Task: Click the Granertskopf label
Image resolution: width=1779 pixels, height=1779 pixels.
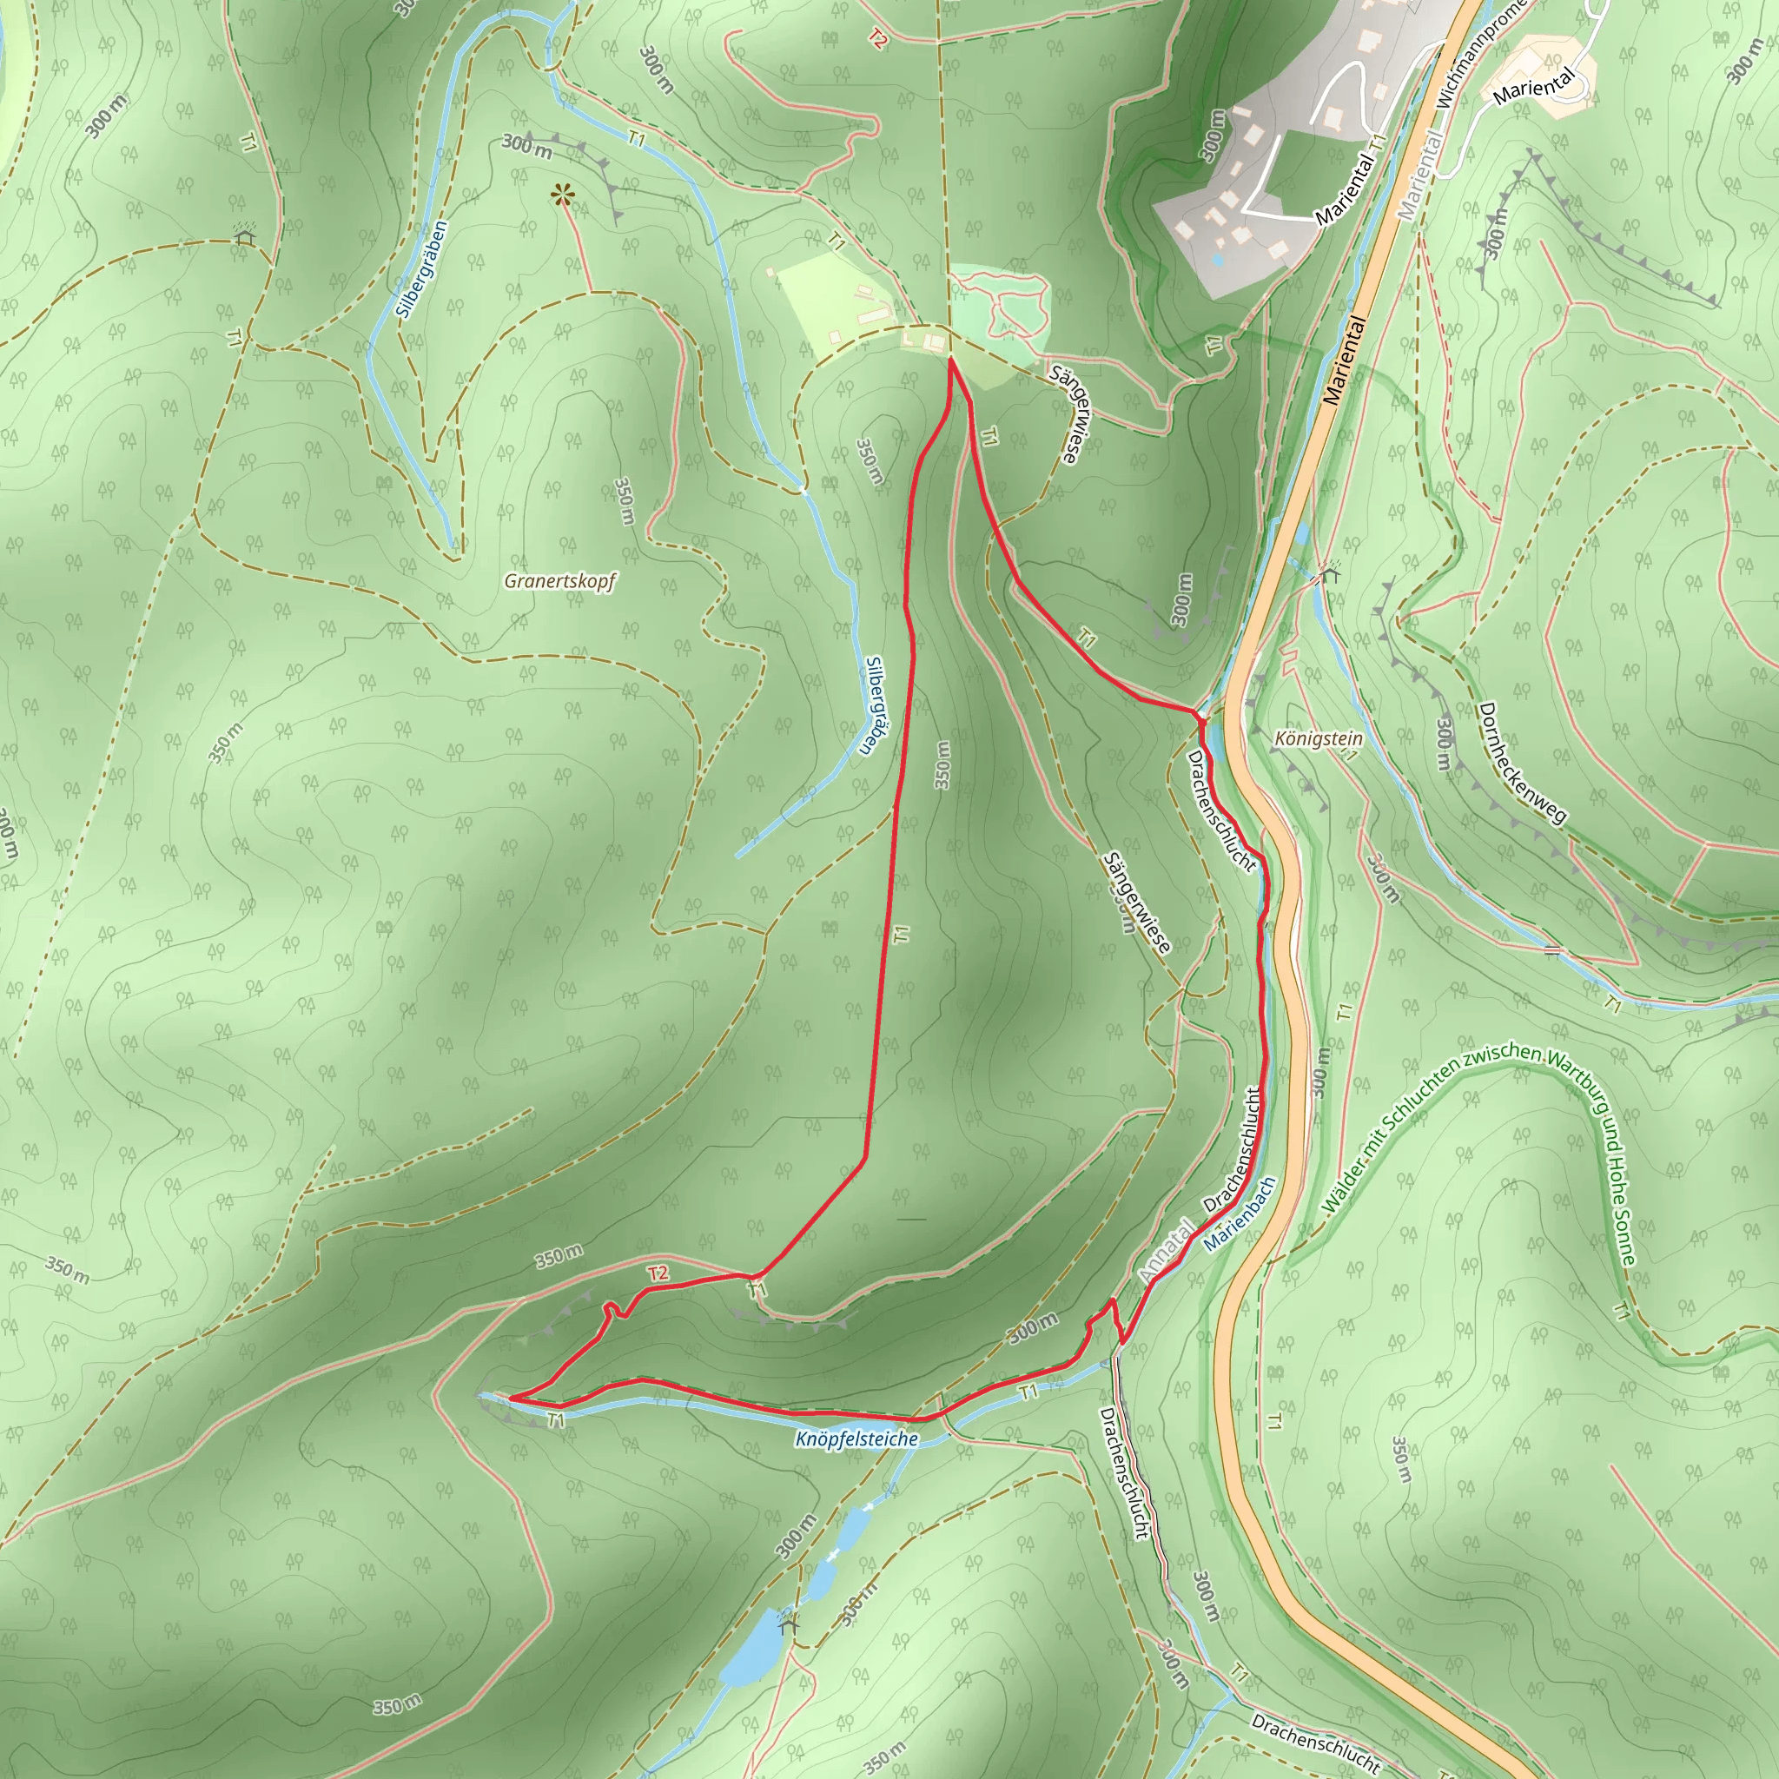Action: click(x=559, y=581)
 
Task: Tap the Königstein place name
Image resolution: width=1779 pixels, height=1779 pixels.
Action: click(x=1318, y=738)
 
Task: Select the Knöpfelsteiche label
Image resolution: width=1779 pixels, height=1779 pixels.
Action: click(x=856, y=1438)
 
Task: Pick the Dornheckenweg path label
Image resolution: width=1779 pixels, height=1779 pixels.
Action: click(x=1521, y=763)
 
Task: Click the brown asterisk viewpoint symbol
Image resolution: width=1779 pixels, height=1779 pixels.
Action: click(x=562, y=195)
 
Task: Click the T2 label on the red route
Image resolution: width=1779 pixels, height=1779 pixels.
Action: click(x=657, y=1273)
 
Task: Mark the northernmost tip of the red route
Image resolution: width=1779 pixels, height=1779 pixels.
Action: click(x=950, y=360)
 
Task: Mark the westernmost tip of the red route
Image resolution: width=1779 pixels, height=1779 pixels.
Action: click(x=509, y=1399)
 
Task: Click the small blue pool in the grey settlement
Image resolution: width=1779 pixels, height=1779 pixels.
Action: click(x=1218, y=261)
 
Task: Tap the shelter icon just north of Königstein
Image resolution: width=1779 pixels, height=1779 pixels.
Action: click(x=1327, y=576)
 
